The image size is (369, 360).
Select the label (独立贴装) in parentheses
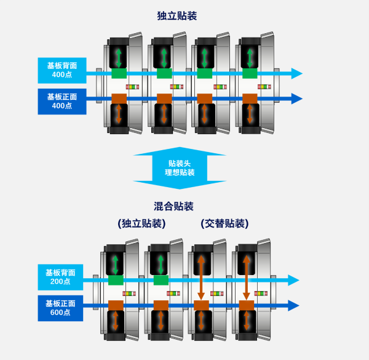click(141, 223)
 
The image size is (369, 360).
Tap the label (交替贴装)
click(224, 223)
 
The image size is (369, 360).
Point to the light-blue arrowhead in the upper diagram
click(296, 74)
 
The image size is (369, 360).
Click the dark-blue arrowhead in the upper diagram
click(296, 98)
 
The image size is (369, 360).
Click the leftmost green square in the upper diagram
click(119, 74)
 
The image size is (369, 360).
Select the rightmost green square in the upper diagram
click(250, 74)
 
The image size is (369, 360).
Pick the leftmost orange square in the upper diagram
click(119, 98)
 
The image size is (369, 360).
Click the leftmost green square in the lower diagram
click(116, 280)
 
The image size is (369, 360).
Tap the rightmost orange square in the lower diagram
click(247, 305)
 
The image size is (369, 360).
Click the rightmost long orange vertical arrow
click(246, 277)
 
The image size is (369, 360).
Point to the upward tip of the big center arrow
click(180, 148)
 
